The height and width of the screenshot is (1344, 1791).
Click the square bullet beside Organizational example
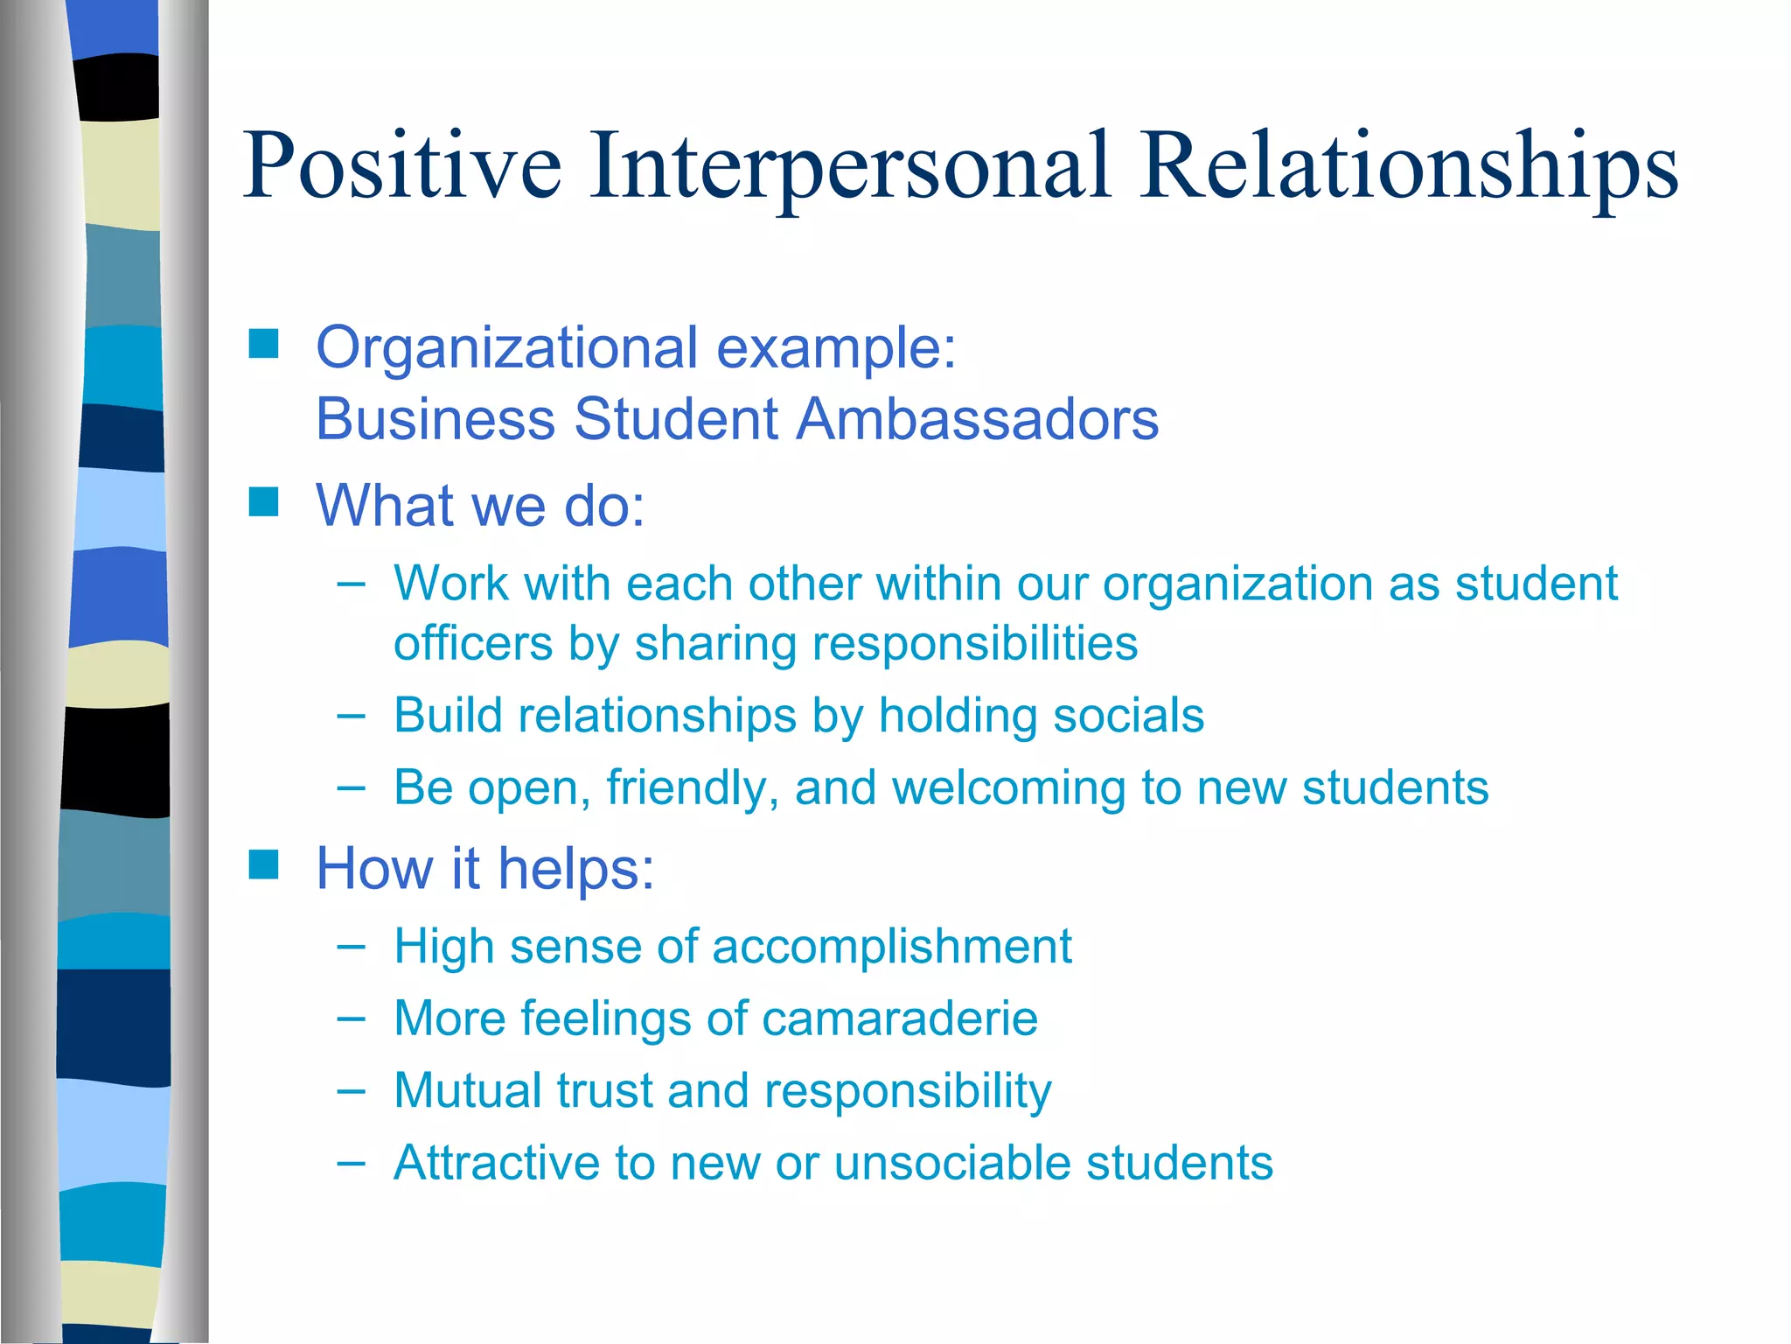click(x=263, y=344)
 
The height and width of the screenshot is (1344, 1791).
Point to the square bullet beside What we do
click(x=263, y=502)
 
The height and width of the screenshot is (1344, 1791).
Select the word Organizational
click(x=507, y=348)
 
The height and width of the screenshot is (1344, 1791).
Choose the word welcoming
click(x=1004, y=787)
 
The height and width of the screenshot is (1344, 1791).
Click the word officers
click(x=473, y=644)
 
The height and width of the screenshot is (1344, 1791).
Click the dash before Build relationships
click(x=351, y=715)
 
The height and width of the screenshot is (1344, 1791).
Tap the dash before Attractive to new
click(x=351, y=1163)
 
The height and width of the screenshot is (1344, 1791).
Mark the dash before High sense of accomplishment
click(x=351, y=946)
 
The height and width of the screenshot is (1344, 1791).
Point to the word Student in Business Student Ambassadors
click(x=676, y=418)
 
